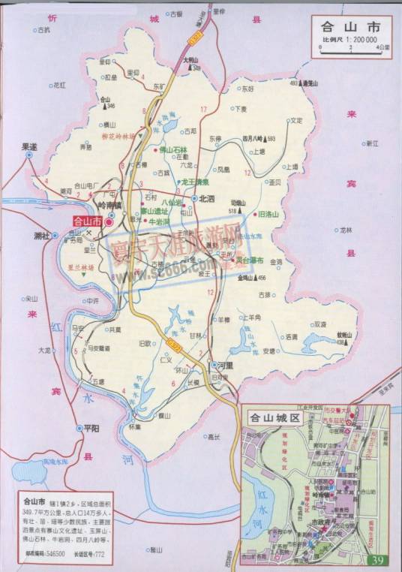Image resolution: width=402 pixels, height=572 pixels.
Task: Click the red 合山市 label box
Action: click(87, 221)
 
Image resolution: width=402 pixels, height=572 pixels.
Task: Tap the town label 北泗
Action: click(205, 199)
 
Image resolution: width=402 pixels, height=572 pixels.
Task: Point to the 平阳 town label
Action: click(91, 427)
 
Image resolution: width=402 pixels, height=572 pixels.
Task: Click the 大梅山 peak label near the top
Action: click(190, 59)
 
